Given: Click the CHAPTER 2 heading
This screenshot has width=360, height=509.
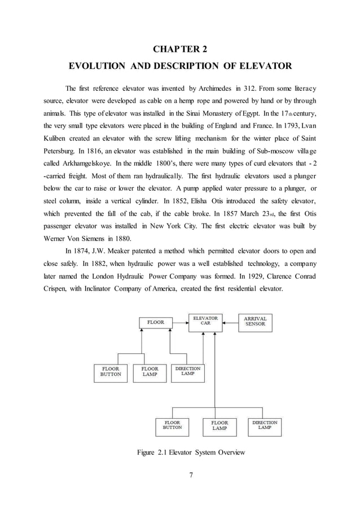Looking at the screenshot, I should (179, 47).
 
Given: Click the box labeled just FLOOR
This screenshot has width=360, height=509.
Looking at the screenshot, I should (156, 323).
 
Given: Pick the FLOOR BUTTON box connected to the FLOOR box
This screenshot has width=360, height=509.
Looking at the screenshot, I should (111, 372).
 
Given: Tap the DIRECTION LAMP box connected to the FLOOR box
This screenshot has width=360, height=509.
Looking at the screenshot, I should (188, 371).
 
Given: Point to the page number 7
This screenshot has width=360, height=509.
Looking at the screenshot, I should (191, 473).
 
